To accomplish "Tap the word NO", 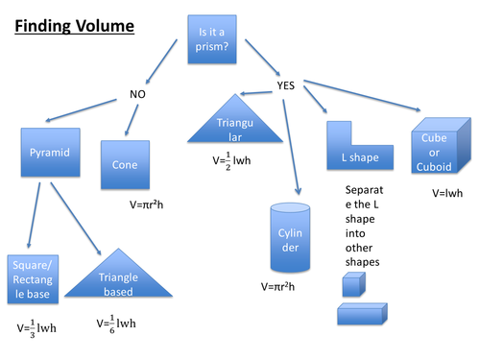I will tap(139, 94).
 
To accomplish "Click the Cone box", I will tap(124, 165).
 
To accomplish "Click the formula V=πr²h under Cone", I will tap(151, 204).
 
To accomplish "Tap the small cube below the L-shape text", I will tap(352, 285).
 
